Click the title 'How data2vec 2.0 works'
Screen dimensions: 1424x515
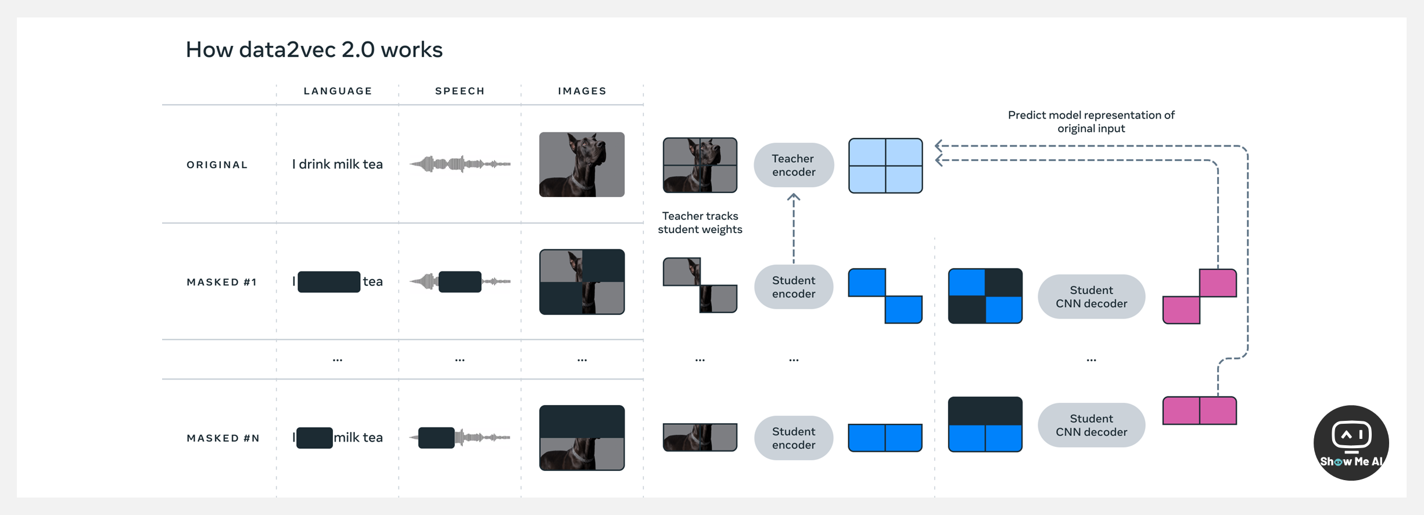(314, 50)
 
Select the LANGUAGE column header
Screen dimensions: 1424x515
(338, 91)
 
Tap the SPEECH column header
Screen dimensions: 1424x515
(460, 91)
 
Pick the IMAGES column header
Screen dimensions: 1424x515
(582, 91)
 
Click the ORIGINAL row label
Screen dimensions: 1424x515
(217, 165)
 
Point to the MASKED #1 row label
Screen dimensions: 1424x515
(221, 282)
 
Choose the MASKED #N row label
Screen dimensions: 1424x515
(223, 438)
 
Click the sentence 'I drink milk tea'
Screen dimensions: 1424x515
(337, 164)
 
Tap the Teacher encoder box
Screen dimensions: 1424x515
(793, 165)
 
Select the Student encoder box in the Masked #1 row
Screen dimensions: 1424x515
(793, 287)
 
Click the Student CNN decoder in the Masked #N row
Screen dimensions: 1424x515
(1091, 425)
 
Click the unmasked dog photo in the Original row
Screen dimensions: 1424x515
(582, 164)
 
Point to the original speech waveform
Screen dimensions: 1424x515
(460, 164)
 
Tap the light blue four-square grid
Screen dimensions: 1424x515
(885, 166)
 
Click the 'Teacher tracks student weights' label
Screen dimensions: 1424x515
(700, 223)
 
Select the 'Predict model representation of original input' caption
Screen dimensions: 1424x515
(1091, 121)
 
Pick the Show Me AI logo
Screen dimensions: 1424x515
(1350, 443)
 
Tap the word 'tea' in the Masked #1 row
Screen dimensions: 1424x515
(372, 282)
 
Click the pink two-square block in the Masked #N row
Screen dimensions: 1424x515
(1199, 411)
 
